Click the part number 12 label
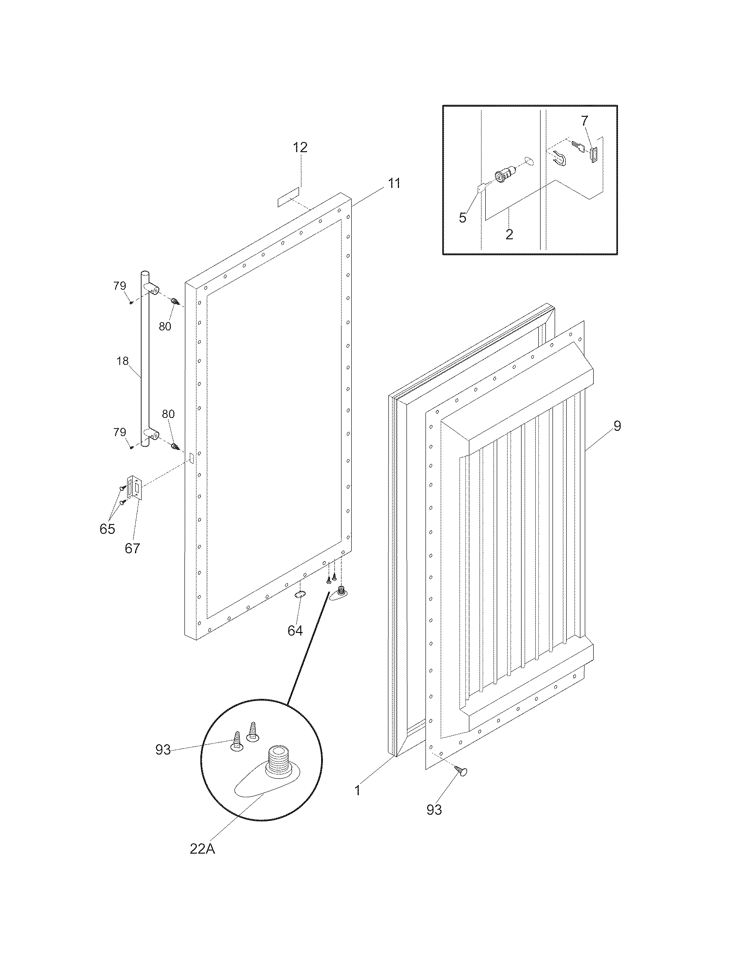300,147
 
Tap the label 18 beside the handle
123,361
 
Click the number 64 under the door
295,630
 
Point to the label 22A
202,849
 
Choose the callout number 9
617,426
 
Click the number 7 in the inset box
584,120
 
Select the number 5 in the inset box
462,218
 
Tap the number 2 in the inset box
509,234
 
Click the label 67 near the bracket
132,548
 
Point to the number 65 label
107,529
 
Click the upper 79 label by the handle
119,286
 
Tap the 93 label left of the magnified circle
163,750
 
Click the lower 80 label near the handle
168,414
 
